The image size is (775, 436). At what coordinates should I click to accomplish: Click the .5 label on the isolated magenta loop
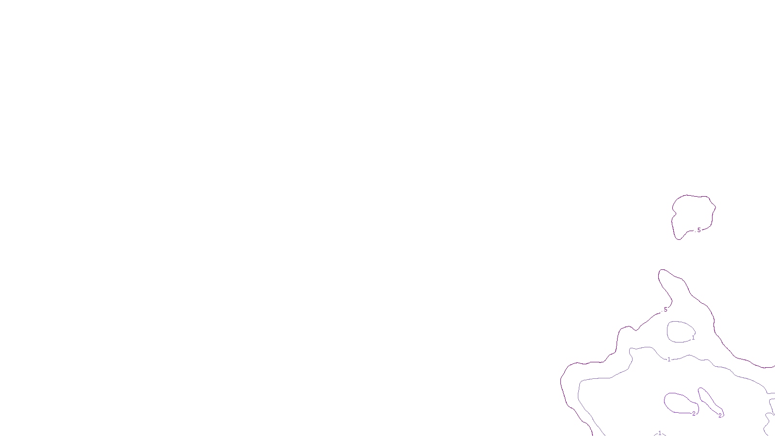coord(698,230)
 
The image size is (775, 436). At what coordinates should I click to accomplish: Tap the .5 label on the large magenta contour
coord(665,310)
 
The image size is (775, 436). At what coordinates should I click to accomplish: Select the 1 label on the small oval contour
coord(693,338)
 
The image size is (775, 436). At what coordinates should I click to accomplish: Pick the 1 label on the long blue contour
coord(669,359)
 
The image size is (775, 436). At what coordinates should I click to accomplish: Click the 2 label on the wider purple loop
coord(694,414)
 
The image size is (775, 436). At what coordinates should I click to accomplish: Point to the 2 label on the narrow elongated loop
coord(720,416)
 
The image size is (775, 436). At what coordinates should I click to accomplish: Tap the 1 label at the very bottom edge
coord(659,433)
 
